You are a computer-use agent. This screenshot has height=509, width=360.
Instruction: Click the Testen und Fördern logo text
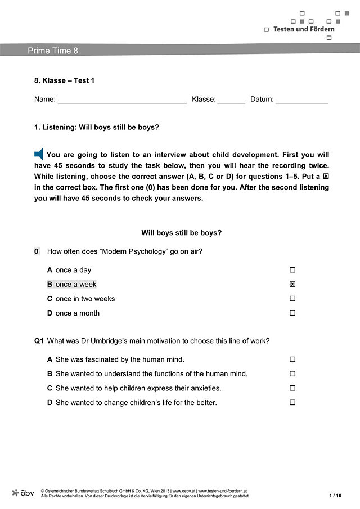click(x=304, y=29)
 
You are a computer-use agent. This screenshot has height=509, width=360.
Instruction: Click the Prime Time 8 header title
click(x=53, y=51)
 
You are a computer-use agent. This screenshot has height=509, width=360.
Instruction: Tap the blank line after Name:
click(x=122, y=100)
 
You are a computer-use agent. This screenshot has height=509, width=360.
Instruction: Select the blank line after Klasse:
click(x=231, y=100)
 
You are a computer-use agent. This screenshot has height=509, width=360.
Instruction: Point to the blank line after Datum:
click(x=301, y=100)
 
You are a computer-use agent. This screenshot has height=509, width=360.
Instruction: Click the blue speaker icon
click(x=39, y=154)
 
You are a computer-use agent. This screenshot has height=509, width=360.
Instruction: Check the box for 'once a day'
click(x=292, y=270)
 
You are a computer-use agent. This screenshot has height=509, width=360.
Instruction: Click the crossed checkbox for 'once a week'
click(x=292, y=285)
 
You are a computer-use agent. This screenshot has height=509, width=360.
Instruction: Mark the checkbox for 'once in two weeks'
click(x=292, y=299)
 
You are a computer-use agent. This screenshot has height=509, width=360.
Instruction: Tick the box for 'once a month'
click(x=292, y=313)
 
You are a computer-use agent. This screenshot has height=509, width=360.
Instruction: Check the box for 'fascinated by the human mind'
click(x=292, y=359)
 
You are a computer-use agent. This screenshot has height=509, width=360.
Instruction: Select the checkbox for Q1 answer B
click(x=292, y=373)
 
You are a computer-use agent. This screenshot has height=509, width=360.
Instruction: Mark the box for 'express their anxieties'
click(x=292, y=388)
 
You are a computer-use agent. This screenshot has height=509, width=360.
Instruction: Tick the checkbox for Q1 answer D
click(x=292, y=403)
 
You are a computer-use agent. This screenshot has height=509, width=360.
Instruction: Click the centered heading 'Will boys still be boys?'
click(x=181, y=233)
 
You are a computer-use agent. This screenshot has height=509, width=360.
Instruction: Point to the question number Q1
click(x=39, y=341)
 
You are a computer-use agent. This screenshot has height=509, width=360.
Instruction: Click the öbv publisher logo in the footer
click(x=23, y=493)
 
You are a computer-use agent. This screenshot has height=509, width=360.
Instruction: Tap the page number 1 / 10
click(x=335, y=496)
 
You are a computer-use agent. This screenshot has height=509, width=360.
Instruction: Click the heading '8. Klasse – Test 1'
click(x=64, y=80)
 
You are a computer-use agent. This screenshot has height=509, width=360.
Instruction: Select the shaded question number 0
click(x=37, y=251)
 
